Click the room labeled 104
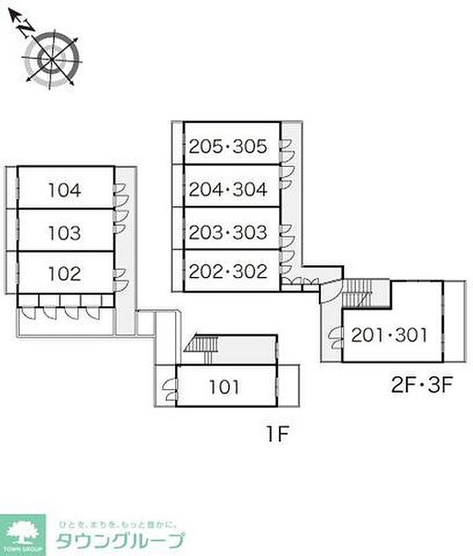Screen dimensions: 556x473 (x=65, y=191)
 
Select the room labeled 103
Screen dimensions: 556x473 (x=65, y=233)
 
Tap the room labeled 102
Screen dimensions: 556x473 (x=65, y=274)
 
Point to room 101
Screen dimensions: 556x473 (x=224, y=388)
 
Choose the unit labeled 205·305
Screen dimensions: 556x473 (x=228, y=145)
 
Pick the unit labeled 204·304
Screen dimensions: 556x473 (x=228, y=190)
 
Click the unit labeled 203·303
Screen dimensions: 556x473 (x=228, y=232)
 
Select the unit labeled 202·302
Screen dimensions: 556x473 (x=228, y=272)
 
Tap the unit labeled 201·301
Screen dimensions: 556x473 (x=389, y=335)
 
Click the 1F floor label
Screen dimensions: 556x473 (x=277, y=434)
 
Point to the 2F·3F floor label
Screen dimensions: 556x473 (x=420, y=386)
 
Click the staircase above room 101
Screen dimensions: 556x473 (x=201, y=345)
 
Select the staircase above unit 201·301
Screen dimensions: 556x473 (x=357, y=292)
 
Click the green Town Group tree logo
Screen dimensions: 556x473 (x=23, y=533)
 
